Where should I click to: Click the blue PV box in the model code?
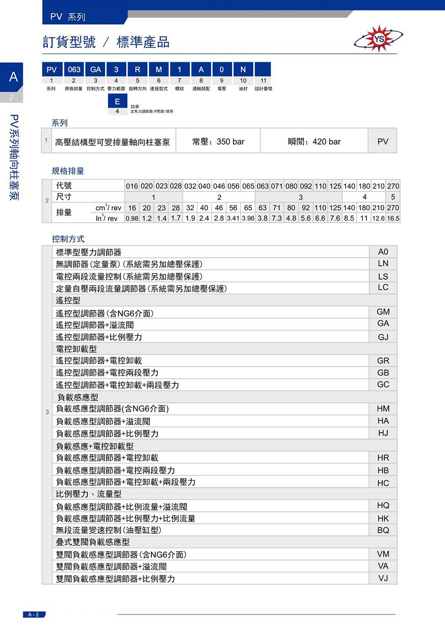click(52, 70)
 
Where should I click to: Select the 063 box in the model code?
click(74, 70)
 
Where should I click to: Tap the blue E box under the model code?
click(117, 102)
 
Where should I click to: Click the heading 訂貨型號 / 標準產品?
click(106, 43)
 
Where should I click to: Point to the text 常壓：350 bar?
click(218, 142)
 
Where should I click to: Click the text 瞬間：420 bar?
click(314, 142)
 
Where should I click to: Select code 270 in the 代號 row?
click(393, 186)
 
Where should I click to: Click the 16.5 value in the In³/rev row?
click(393, 218)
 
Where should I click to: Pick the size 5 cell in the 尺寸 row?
click(393, 197)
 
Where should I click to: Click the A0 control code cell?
click(383, 251)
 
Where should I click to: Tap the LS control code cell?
click(383, 276)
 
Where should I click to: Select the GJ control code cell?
click(383, 337)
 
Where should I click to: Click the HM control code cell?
click(383, 409)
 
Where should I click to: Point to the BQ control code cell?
click(383, 530)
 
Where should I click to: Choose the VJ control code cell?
click(383, 578)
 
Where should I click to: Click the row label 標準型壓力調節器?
click(88, 252)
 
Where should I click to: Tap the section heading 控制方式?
click(68, 239)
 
